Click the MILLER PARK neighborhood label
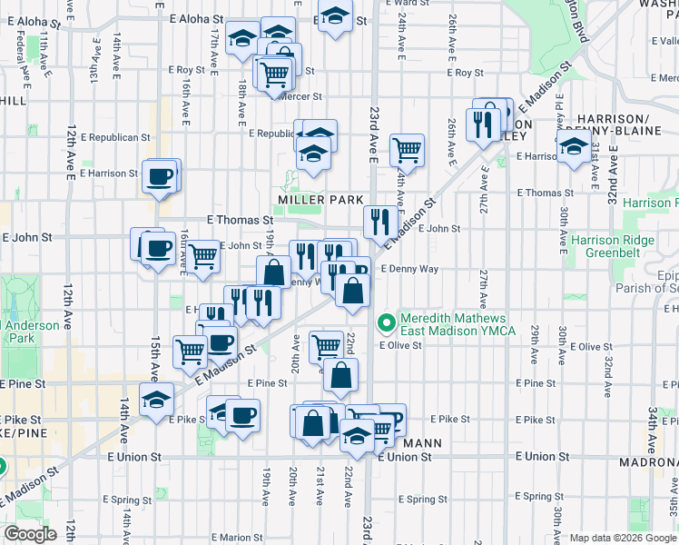pyautogui.click(x=321, y=200)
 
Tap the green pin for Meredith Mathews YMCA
pyautogui.click(x=386, y=322)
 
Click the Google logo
pyautogui.click(x=30, y=534)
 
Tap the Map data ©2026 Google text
pyautogui.click(x=623, y=538)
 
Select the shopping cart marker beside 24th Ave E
pyautogui.click(x=408, y=149)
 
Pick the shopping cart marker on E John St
pyautogui.click(x=203, y=255)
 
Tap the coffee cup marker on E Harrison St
pyautogui.click(x=161, y=175)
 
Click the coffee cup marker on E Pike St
pyautogui.click(x=241, y=416)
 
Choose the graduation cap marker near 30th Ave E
pyautogui.click(x=573, y=146)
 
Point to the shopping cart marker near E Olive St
pyautogui.click(x=326, y=345)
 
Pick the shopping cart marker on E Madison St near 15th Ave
pyautogui.click(x=191, y=350)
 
